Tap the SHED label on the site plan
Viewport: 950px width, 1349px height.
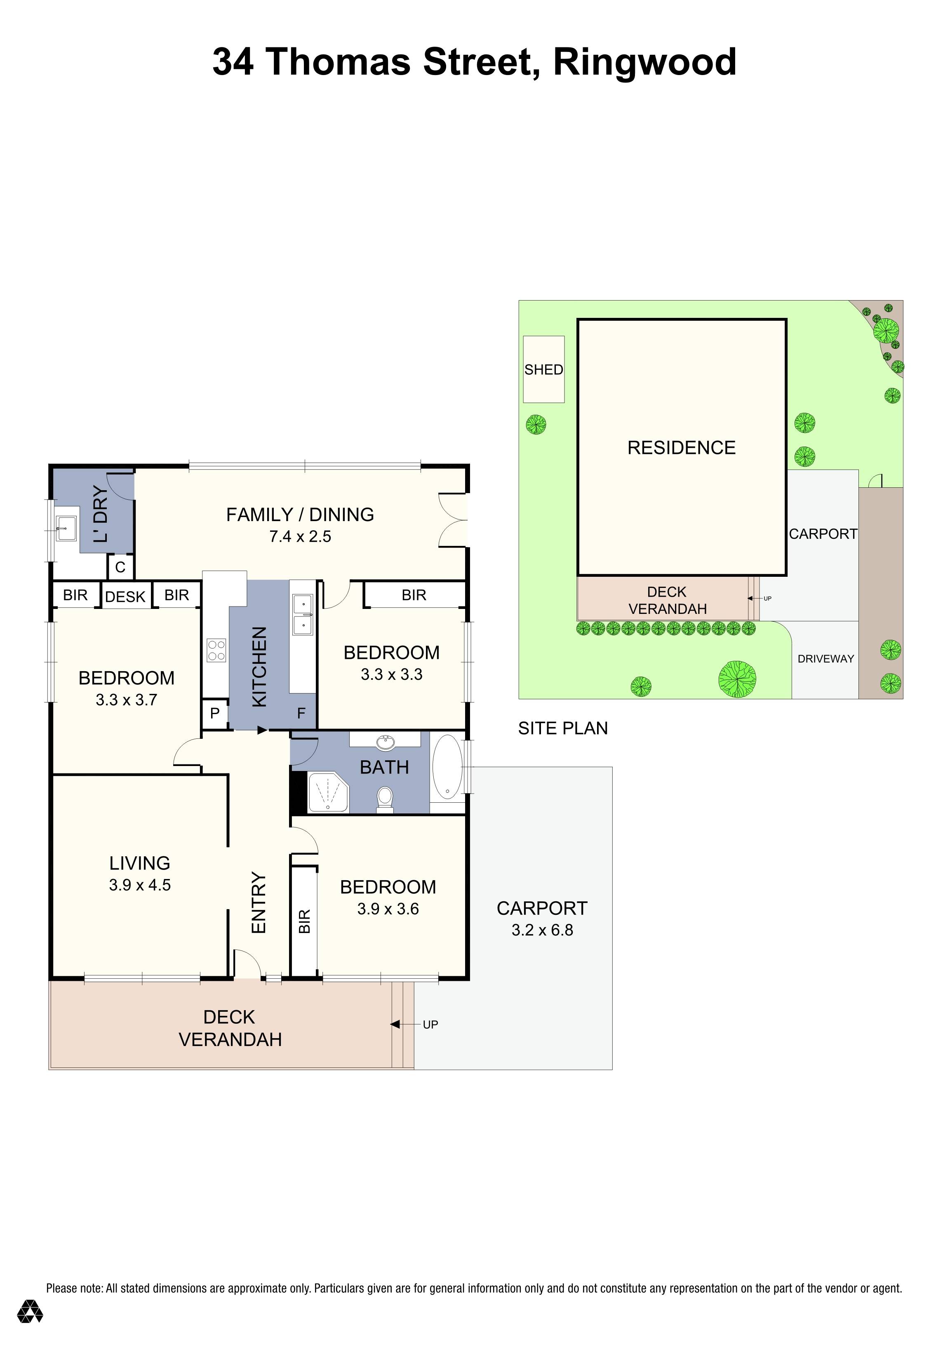click(x=543, y=369)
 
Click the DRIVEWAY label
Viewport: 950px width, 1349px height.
click(x=825, y=659)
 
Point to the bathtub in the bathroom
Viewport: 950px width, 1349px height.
click(x=448, y=767)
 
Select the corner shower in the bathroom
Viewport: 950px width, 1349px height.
click(x=328, y=792)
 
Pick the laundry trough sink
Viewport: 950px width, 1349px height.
click(x=66, y=528)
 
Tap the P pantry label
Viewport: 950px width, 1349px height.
click(x=215, y=713)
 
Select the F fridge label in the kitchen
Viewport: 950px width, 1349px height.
click(x=301, y=713)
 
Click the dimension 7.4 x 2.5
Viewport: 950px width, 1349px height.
click(x=300, y=536)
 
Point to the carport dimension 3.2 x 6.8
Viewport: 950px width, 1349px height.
click(x=542, y=930)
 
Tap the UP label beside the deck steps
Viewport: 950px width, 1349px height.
click(x=430, y=1025)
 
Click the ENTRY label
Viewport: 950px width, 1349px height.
click(x=259, y=902)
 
